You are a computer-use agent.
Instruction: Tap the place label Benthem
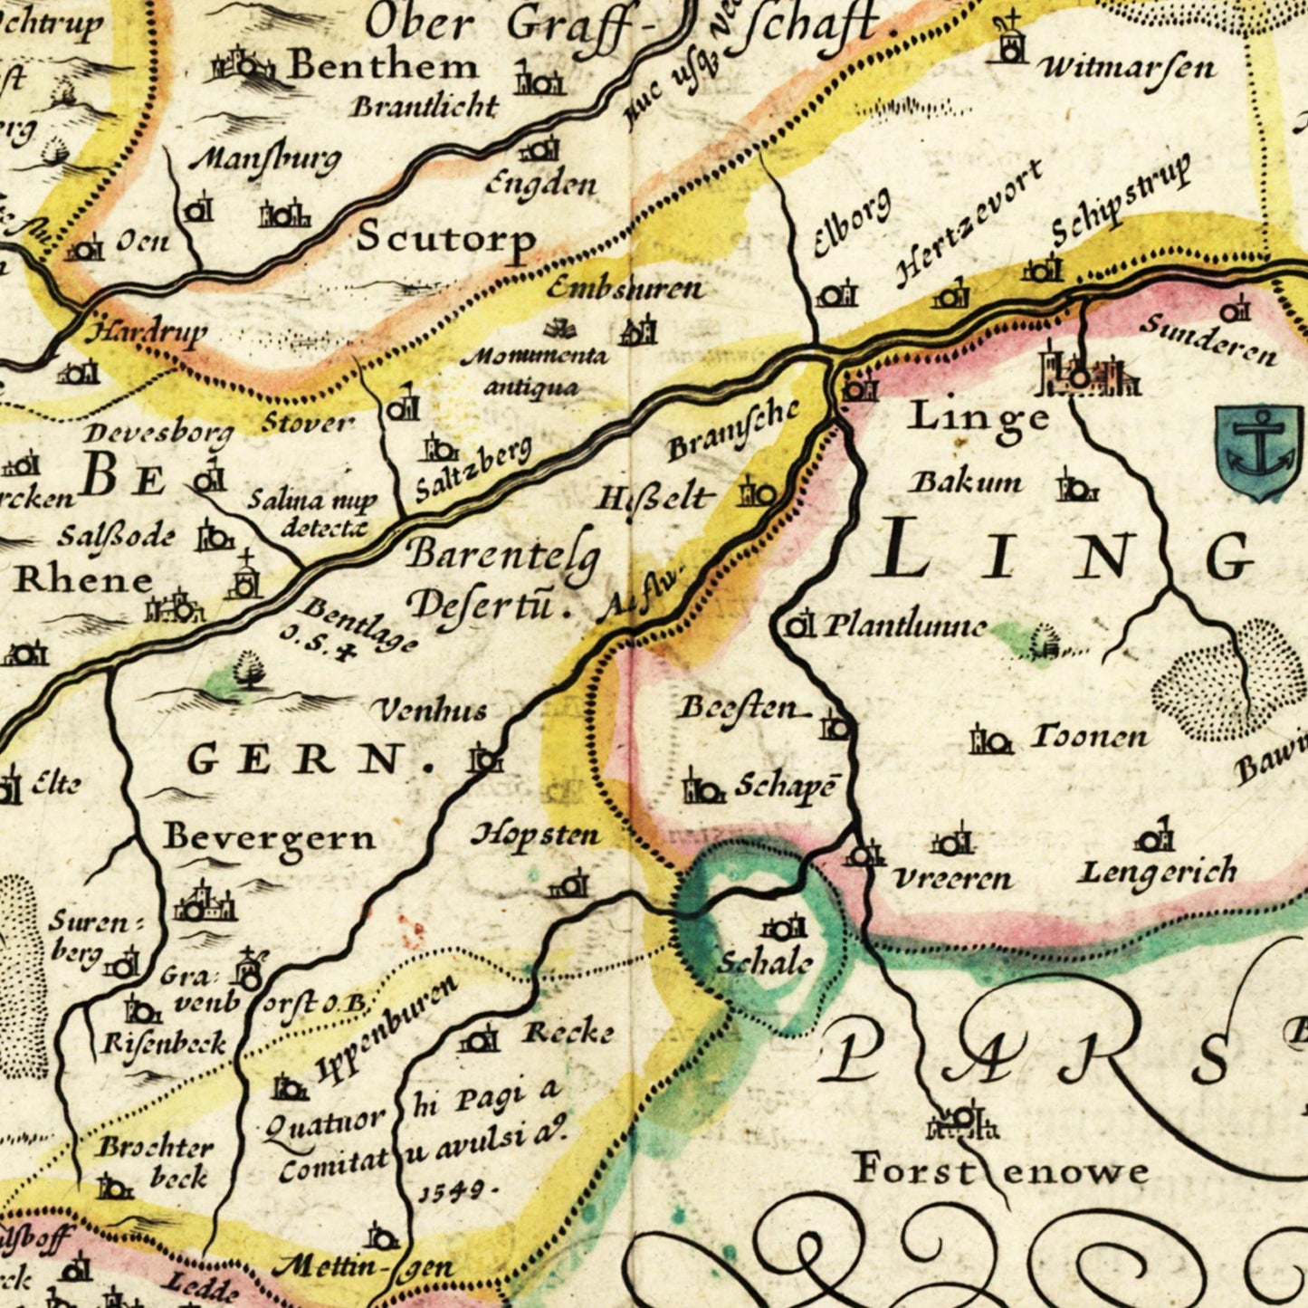tap(383, 66)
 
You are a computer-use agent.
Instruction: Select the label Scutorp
tap(445, 238)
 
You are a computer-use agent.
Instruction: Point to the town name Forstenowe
tap(1001, 1170)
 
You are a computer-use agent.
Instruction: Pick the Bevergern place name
tap(269, 837)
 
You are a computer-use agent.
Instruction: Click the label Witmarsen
tap(1127, 68)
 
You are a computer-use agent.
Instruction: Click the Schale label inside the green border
tap(765, 963)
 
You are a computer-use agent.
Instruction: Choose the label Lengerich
tap(1157, 873)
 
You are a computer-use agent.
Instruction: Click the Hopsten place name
tap(535, 835)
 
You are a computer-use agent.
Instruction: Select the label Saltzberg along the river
tap(473, 469)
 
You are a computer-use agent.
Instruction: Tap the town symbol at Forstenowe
tap(963, 1122)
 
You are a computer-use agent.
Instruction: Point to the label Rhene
tap(83, 580)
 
